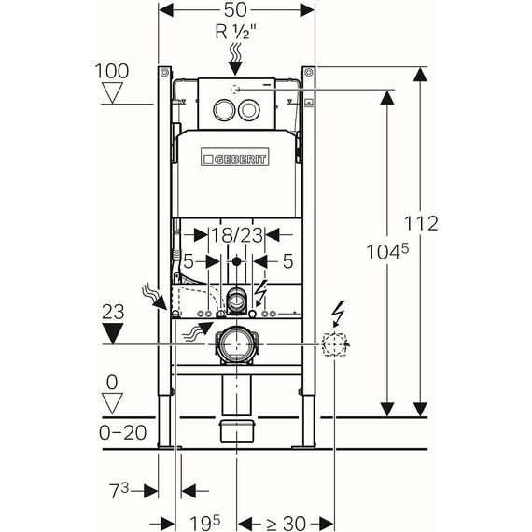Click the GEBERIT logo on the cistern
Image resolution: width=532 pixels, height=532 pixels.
coord(235,157)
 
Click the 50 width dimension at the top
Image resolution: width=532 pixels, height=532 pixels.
coord(235,10)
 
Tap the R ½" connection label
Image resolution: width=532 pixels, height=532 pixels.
coord(235,32)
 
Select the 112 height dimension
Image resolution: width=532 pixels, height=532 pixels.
coord(421,223)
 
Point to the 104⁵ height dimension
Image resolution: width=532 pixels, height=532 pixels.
coord(387,252)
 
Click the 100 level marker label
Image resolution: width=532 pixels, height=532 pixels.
coord(112,71)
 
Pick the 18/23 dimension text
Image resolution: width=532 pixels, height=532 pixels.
coord(237,235)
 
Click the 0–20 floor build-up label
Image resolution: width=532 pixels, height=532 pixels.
coord(123,432)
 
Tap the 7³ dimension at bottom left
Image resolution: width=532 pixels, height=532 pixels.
coord(119,491)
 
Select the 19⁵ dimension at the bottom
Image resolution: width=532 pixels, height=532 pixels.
coord(204,523)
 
